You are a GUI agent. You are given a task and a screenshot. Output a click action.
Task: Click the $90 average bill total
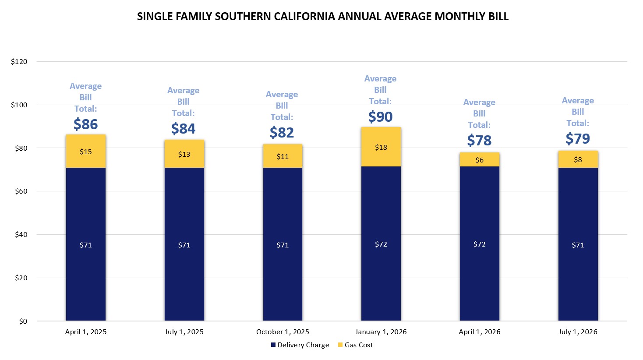[x=380, y=117]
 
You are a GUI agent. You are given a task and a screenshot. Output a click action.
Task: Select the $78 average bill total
[x=479, y=141]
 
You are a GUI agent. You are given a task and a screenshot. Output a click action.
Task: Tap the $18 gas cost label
[x=381, y=147]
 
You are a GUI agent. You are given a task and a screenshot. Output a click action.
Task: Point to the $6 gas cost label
[x=479, y=160]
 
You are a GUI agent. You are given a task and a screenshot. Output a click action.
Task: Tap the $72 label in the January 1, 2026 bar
[x=381, y=244]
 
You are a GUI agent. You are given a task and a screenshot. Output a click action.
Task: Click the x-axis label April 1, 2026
[x=479, y=332]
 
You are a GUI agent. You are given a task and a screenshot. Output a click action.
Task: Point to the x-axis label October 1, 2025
[x=283, y=332]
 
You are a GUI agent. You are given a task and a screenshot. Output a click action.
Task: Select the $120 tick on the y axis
[x=19, y=62]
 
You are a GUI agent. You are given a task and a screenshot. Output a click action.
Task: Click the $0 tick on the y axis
[x=23, y=321]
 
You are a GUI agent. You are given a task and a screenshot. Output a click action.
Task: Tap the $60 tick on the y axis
[x=21, y=191]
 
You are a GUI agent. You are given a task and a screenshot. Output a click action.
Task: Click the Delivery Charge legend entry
[x=303, y=345]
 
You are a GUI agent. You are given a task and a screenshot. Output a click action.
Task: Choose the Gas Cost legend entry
[x=358, y=345]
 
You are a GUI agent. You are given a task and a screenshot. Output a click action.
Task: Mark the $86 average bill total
[x=86, y=124]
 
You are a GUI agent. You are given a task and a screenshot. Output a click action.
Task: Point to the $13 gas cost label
[x=184, y=154]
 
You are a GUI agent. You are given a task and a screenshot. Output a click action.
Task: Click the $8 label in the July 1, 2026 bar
[x=578, y=159]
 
